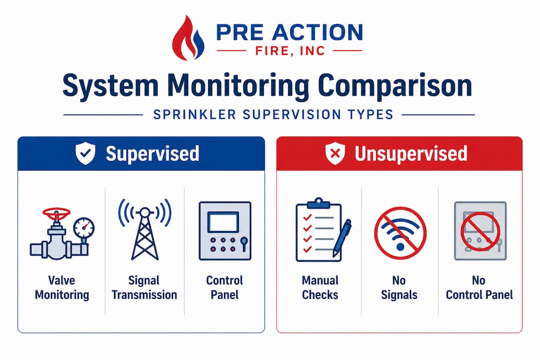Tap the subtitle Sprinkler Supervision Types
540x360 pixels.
[x=272, y=114]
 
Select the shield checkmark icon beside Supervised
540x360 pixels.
[x=85, y=154]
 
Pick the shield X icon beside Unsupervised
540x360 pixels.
[x=335, y=154]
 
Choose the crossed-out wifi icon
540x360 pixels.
[x=400, y=233]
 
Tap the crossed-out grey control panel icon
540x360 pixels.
[x=479, y=231]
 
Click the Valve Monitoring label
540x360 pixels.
[x=61, y=287]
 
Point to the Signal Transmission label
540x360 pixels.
[x=144, y=287]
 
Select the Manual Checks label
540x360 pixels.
[x=320, y=287]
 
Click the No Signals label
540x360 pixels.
[x=399, y=287]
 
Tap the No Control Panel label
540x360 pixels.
[x=479, y=287]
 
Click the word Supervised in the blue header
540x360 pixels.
[x=152, y=154]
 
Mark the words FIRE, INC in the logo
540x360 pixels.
[x=289, y=50]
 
